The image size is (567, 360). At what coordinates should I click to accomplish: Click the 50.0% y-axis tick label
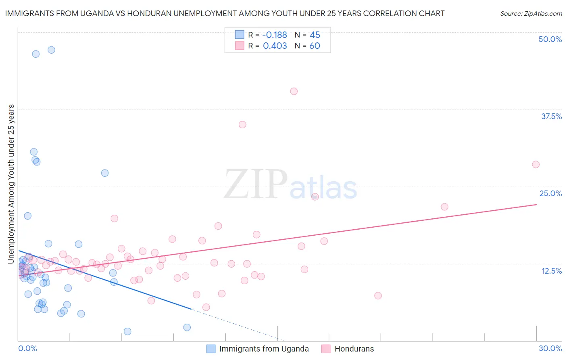click(550, 39)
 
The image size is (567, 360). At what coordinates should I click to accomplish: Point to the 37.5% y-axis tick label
click(551, 116)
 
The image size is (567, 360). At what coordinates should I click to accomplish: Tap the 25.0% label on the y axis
click(550, 193)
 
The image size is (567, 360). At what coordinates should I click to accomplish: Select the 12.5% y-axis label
click(551, 271)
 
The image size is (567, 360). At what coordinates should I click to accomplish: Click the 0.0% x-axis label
click(27, 348)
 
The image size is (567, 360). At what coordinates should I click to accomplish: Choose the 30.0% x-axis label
click(550, 348)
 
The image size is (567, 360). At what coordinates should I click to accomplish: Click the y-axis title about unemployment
click(11, 184)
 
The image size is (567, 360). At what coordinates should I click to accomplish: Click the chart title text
click(225, 13)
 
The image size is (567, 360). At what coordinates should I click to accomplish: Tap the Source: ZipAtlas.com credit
click(531, 14)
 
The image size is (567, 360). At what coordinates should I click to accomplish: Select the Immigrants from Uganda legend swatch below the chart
click(211, 349)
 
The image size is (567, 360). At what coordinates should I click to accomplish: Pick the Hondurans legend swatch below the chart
click(326, 349)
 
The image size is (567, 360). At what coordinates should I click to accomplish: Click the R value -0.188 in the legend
click(275, 35)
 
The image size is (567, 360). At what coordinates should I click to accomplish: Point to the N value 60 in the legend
click(315, 46)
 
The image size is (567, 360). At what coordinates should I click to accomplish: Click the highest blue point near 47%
click(51, 50)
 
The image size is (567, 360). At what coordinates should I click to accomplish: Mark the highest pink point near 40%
click(294, 92)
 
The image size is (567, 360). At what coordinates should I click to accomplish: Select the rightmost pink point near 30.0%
click(536, 164)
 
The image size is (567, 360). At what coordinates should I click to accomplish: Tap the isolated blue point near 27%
click(105, 173)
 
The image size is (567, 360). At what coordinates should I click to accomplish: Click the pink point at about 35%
click(242, 125)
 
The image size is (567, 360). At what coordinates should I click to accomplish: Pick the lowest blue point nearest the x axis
click(127, 331)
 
